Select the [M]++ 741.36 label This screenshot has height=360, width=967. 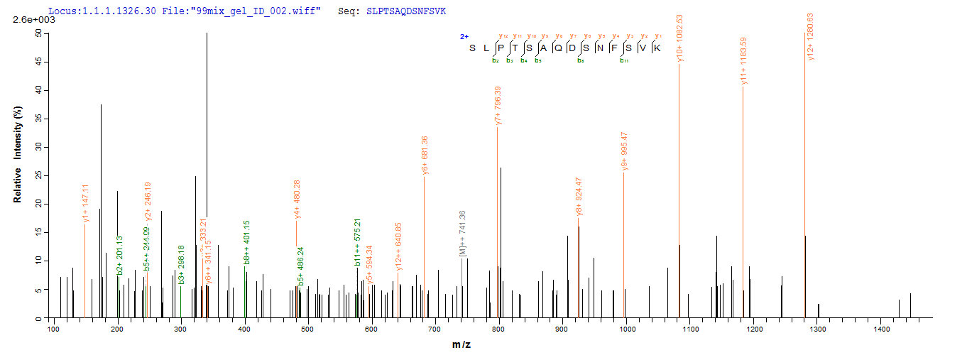(x=463, y=234)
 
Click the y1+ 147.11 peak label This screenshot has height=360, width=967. (x=85, y=203)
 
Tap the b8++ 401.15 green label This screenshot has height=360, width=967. (x=246, y=243)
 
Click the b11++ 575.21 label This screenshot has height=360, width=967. (x=358, y=245)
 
